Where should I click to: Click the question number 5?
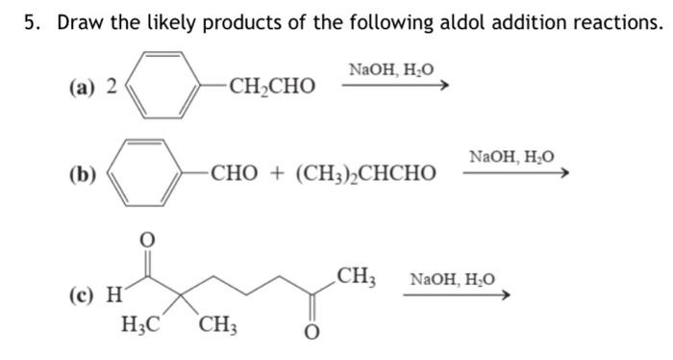[x=32, y=23]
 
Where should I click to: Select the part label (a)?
[x=81, y=87]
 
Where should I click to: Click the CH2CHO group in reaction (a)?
[x=271, y=88]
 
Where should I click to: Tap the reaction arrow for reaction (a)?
[x=395, y=86]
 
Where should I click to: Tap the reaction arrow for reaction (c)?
[x=455, y=295]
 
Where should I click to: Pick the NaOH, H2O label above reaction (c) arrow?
[x=453, y=279]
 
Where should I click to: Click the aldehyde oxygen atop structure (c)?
[x=147, y=237]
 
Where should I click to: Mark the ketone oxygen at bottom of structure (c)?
[x=309, y=332]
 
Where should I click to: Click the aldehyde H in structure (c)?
[x=114, y=292]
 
